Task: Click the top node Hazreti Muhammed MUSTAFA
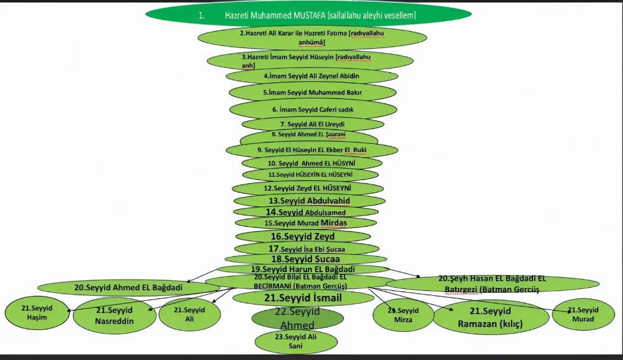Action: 308,15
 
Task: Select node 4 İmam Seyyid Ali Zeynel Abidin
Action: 311,76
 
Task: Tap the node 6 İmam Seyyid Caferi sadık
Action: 313,109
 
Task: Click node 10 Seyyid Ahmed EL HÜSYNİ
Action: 311,163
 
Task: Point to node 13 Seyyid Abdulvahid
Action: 310,201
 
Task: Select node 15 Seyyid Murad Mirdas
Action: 306,223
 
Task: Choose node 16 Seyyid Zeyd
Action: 302,237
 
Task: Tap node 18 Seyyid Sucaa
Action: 305,258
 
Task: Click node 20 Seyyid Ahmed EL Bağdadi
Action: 128,287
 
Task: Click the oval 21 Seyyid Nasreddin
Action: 114,315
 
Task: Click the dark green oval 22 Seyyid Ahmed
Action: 298,318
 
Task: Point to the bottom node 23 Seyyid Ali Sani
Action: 296,341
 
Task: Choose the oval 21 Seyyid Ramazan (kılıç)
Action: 490,317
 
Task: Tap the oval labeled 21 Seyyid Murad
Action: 583,315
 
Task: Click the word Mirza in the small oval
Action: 403,319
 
